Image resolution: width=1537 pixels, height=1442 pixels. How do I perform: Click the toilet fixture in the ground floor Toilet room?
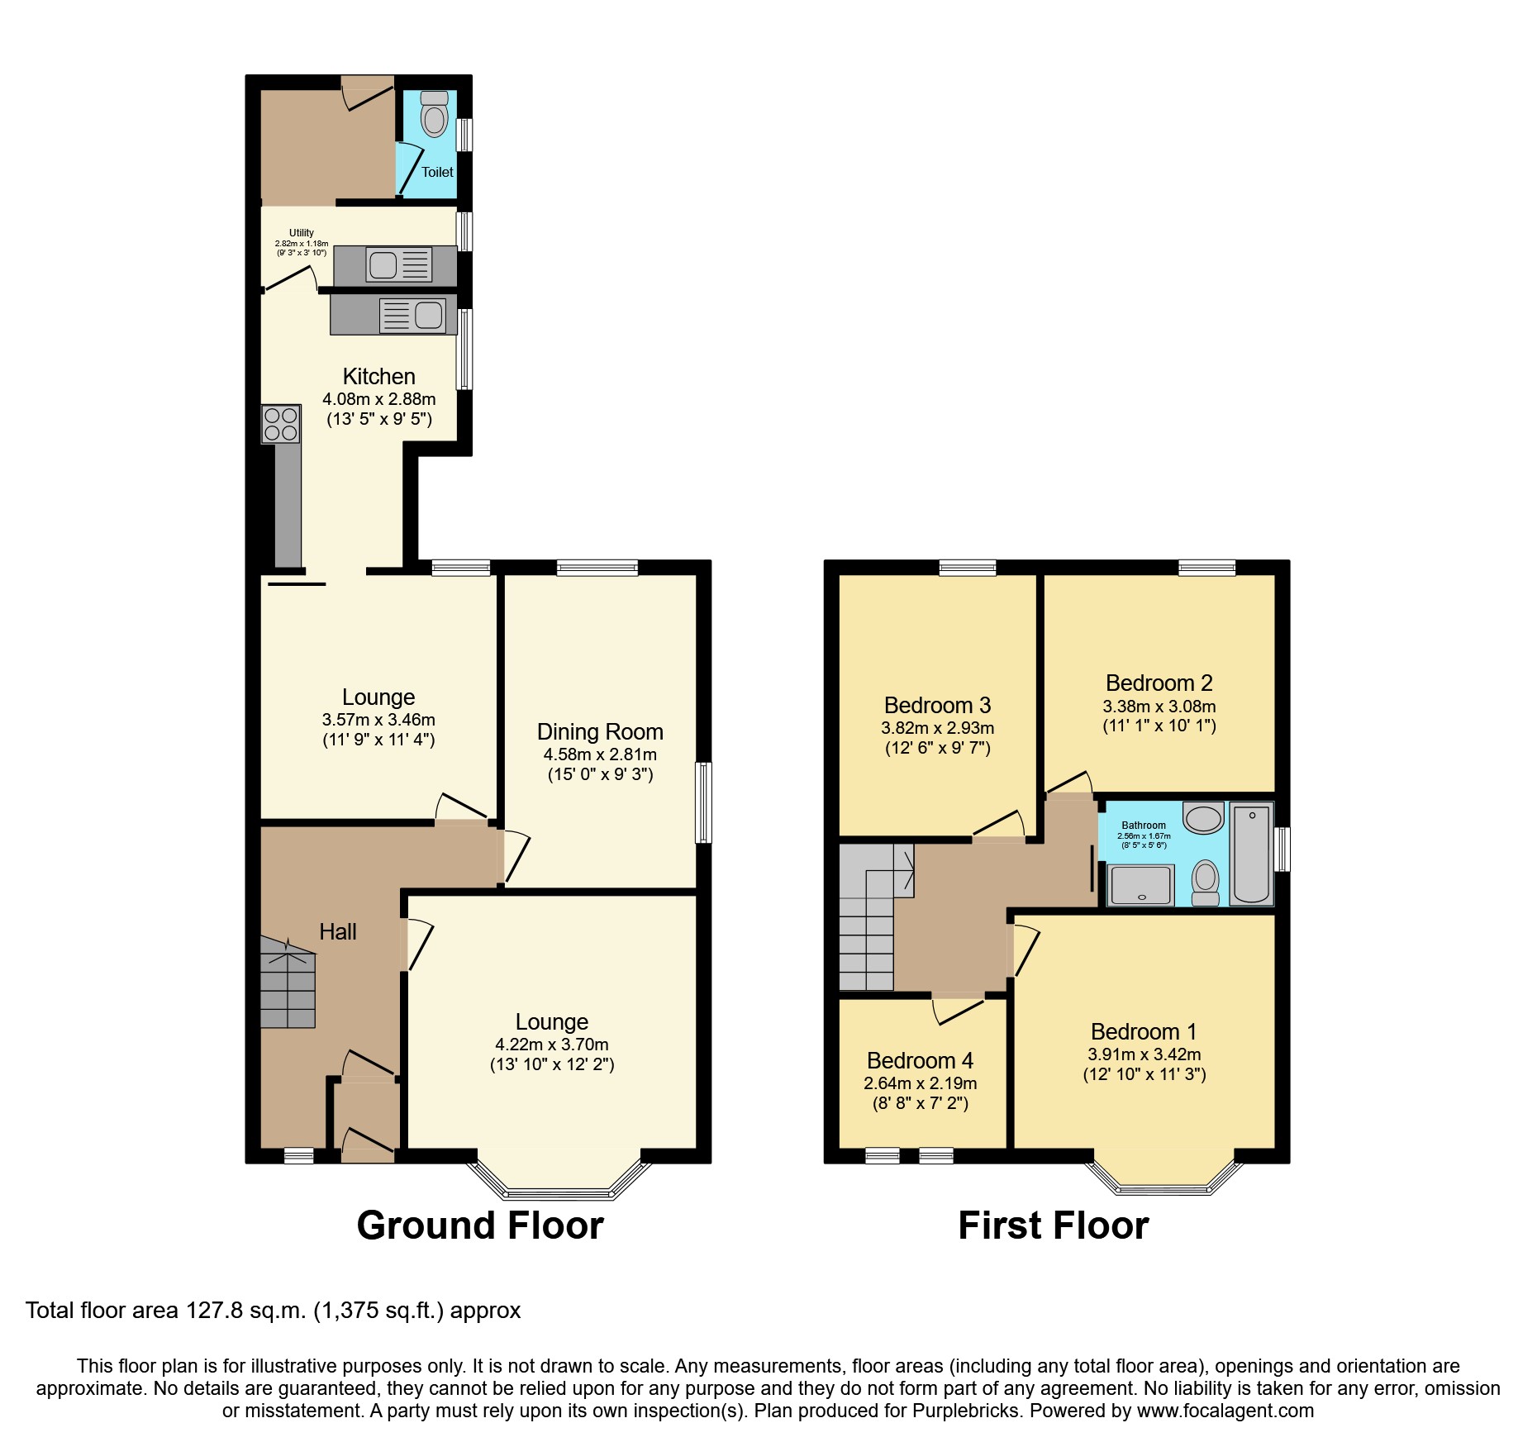point(435,116)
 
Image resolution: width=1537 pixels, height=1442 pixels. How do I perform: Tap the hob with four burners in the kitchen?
point(280,424)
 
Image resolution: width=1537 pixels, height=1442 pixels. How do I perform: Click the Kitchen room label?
point(378,377)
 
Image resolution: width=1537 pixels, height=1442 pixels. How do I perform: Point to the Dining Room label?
point(600,732)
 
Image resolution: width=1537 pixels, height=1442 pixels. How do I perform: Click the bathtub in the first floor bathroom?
point(1252,854)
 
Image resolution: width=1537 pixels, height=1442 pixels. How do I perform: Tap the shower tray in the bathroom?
point(1140,885)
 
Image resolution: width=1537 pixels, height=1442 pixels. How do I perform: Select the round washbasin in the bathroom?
point(1203,818)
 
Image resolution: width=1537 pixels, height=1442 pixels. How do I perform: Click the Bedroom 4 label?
point(920,1060)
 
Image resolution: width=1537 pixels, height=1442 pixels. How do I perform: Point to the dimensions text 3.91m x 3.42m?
point(1144,1054)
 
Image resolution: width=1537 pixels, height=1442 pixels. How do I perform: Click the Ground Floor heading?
point(480,1225)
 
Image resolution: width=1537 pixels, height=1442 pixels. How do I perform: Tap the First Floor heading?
point(1053,1225)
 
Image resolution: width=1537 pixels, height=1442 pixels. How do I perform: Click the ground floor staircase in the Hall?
point(288,983)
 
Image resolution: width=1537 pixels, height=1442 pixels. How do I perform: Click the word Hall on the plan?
point(337,932)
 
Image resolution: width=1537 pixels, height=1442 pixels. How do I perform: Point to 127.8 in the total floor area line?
point(210,1311)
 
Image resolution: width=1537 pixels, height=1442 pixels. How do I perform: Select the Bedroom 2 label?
point(1159,683)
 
